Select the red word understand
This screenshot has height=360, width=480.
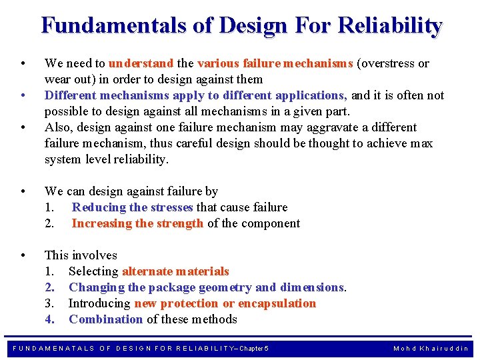click(x=141, y=63)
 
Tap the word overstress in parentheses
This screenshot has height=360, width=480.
click(x=387, y=63)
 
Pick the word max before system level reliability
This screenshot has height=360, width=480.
click(x=421, y=143)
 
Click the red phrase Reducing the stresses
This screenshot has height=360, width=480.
click(x=133, y=207)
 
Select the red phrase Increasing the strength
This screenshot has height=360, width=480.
click(x=137, y=223)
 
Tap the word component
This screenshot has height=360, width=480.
click(x=272, y=223)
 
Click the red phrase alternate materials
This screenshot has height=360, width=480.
click(x=175, y=271)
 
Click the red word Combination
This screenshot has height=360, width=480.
click(x=105, y=319)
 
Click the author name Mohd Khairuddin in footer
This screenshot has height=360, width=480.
click(x=431, y=349)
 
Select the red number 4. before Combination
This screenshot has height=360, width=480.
click(x=49, y=319)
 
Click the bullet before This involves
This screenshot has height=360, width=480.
click(x=23, y=255)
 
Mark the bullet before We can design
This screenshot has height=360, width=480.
click(x=23, y=191)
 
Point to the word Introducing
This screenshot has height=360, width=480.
click(x=99, y=303)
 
